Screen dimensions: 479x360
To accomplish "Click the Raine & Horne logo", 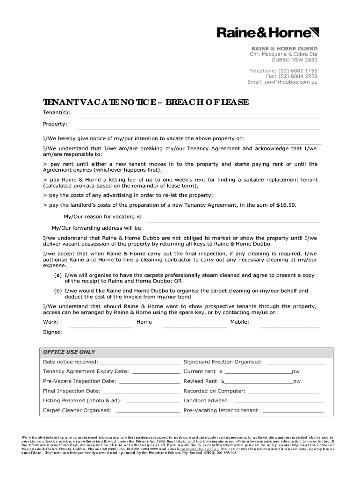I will (x=267, y=32).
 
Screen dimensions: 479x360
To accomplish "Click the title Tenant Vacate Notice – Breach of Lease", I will (x=146, y=102).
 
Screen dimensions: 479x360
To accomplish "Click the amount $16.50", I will (x=286, y=205).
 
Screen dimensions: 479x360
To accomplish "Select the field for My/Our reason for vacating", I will (x=233, y=221).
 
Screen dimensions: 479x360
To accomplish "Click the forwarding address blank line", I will (x=233, y=232).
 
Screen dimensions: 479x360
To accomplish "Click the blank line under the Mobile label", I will (x=290, y=327).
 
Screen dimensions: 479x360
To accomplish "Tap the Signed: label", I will (x=53, y=332).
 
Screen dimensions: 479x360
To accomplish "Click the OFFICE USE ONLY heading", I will (x=69, y=352).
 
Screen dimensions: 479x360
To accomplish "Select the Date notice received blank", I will (x=140, y=363).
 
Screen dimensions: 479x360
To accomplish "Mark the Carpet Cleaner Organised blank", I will (x=148, y=412).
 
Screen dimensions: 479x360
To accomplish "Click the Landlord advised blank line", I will (x=279, y=402).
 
